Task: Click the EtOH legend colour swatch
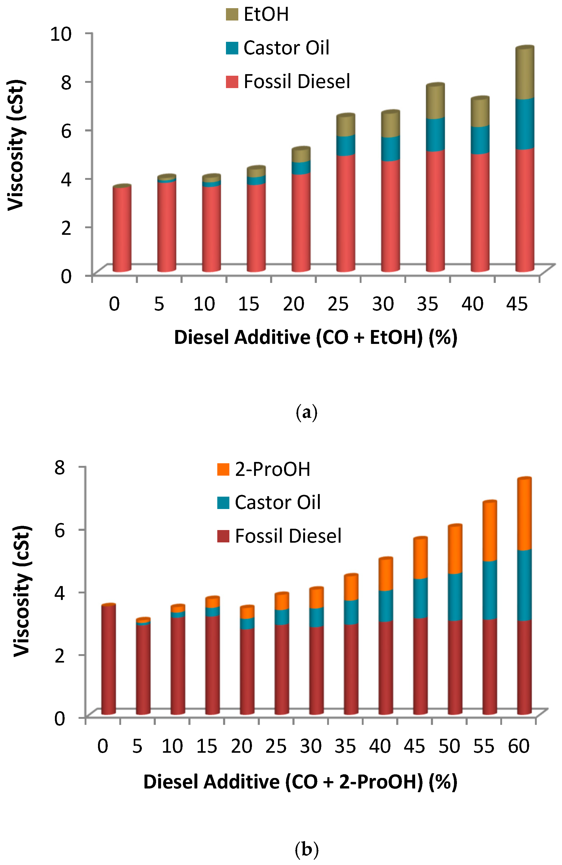(232, 14)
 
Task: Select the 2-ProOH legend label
(272, 469)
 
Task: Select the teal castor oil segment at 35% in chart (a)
(435, 134)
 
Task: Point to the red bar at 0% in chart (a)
(122, 229)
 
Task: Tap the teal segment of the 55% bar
(490, 590)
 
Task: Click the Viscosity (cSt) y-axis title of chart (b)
(22, 591)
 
